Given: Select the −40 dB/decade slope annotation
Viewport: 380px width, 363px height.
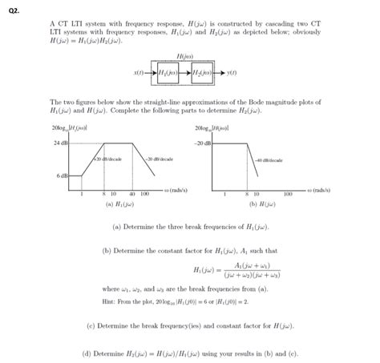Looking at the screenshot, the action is (267, 159).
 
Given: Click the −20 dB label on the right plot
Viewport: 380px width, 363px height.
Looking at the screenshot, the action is (200, 143).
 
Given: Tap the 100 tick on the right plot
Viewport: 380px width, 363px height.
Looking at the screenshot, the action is (287, 193).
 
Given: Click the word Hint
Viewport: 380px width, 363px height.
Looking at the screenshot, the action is (111, 299).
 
